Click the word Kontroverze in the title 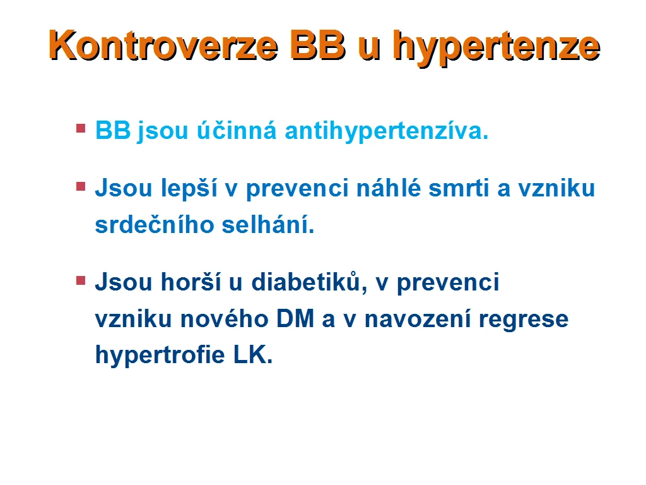coord(163,45)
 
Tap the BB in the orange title coord(318,45)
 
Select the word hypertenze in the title coord(496,48)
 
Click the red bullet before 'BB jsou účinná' coord(81,128)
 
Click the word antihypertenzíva coord(387,131)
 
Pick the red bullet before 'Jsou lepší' coord(81,187)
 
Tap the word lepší coord(189,189)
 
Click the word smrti coord(459,188)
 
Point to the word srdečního coord(155,225)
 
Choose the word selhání coord(267,225)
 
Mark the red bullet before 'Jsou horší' coord(81,281)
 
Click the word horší coord(191,282)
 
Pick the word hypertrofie coord(160,356)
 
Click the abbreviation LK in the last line coord(250,356)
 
